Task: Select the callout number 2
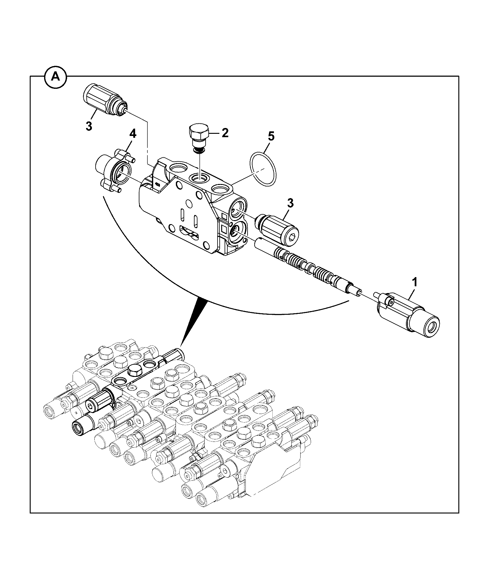point(225,133)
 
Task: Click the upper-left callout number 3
point(89,126)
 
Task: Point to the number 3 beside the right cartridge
point(290,203)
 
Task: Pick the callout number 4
point(132,134)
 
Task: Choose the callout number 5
point(271,137)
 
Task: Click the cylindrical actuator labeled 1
point(407,316)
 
